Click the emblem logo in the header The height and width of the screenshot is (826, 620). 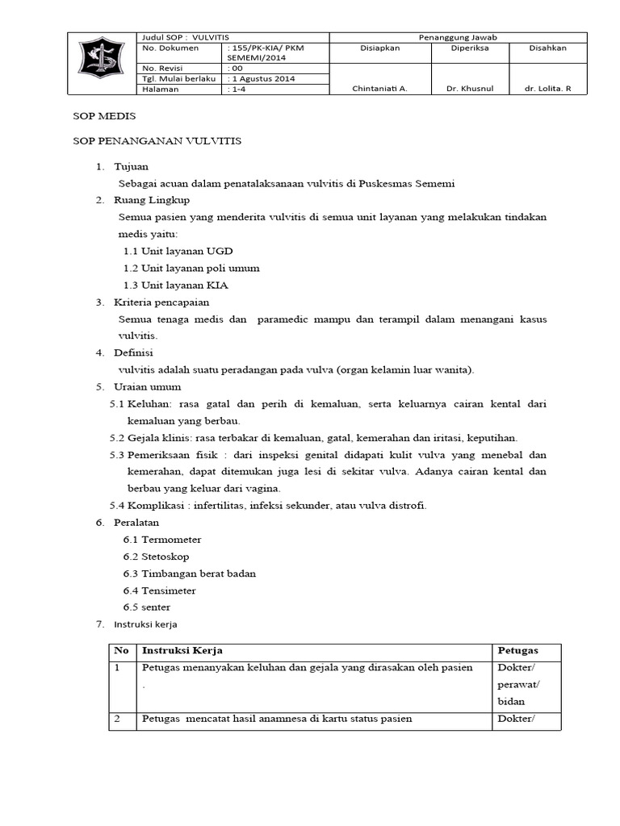101,64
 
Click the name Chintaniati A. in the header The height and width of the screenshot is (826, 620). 379,90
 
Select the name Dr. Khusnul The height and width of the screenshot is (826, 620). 470,90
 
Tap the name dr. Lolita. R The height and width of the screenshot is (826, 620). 547,90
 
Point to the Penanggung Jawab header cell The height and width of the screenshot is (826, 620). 458,37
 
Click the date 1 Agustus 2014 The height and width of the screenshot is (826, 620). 263,79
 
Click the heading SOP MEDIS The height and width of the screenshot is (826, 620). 98,116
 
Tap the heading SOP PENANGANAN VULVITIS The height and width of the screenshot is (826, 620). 157,140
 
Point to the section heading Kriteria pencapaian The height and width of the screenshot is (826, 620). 161,302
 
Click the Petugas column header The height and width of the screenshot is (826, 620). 517,650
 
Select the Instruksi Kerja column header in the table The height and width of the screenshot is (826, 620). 182,650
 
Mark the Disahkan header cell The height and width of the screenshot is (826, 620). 547,48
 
